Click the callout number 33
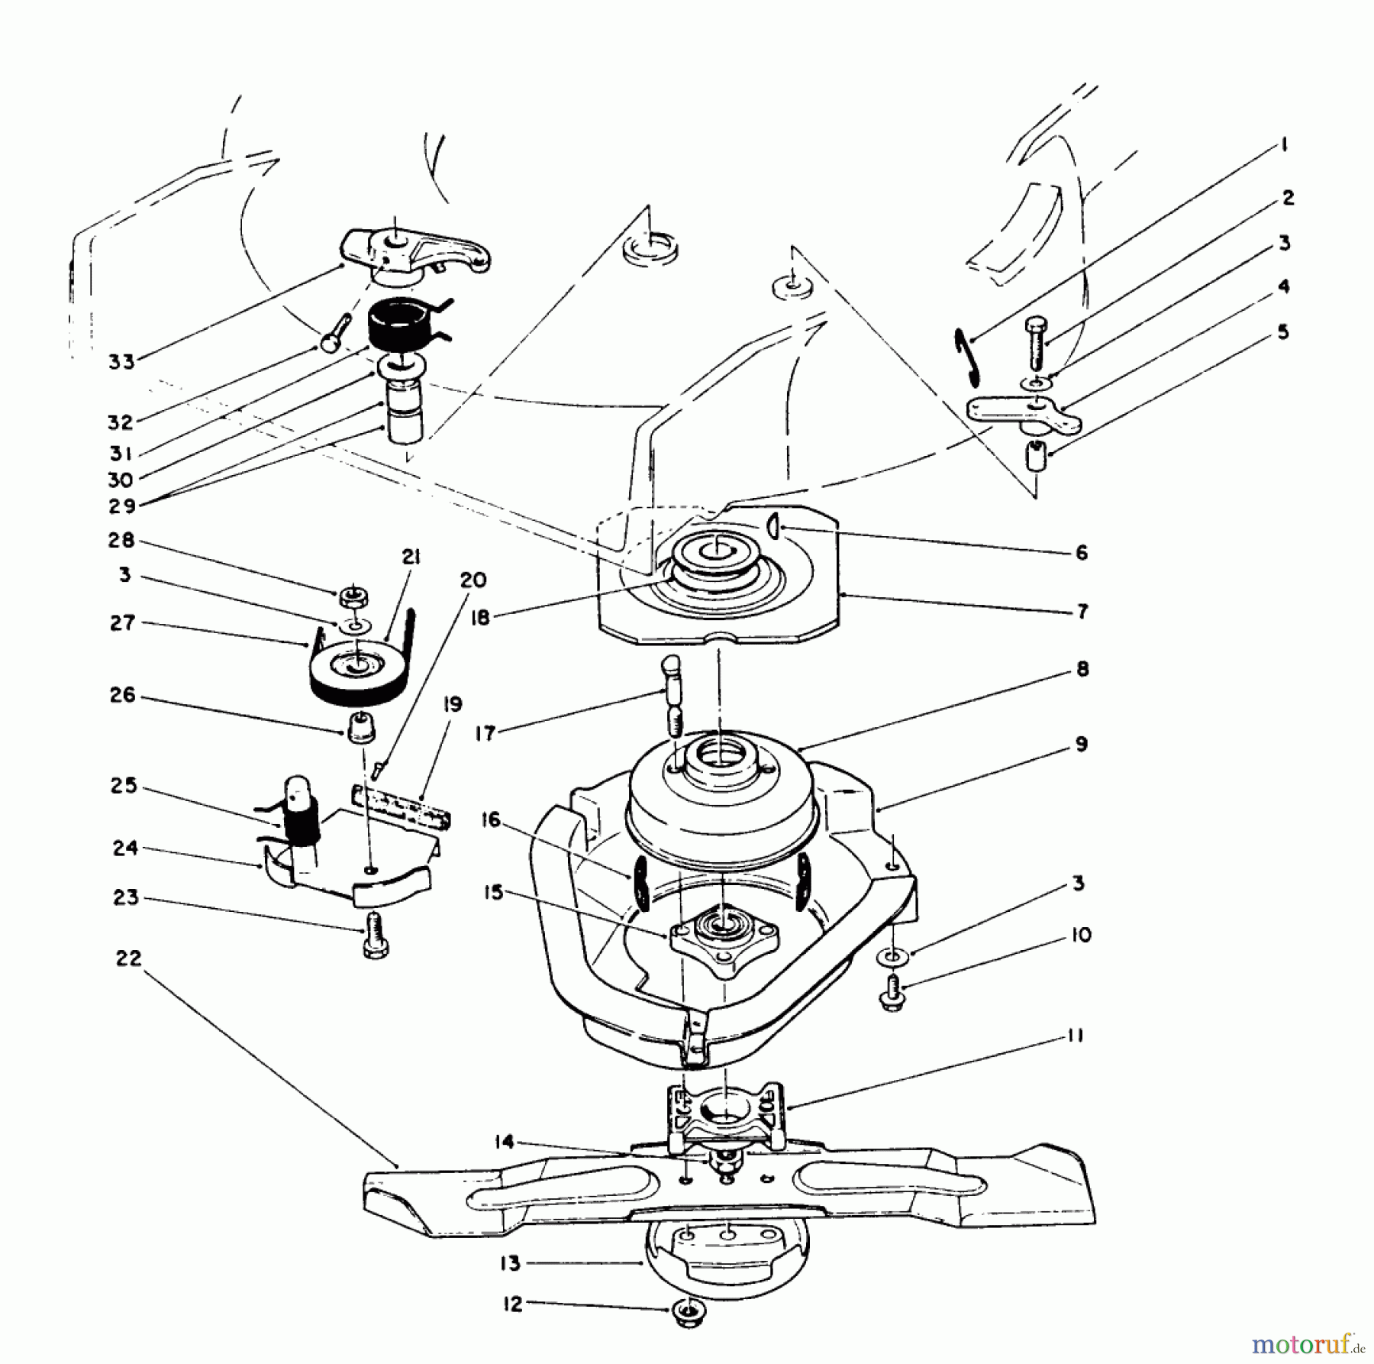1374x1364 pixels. (x=121, y=361)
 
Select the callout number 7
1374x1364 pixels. (x=1082, y=611)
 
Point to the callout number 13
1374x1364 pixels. (x=510, y=1263)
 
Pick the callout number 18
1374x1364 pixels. (x=480, y=616)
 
